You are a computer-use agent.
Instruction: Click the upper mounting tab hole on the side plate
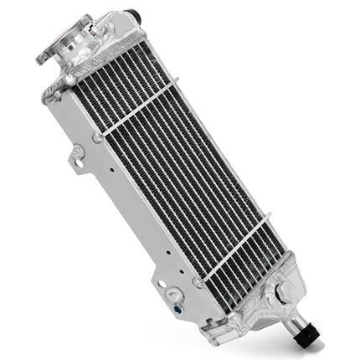pos(77,154)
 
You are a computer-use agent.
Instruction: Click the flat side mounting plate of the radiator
pos(126,209)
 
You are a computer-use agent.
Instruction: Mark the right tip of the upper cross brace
pos(176,81)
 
